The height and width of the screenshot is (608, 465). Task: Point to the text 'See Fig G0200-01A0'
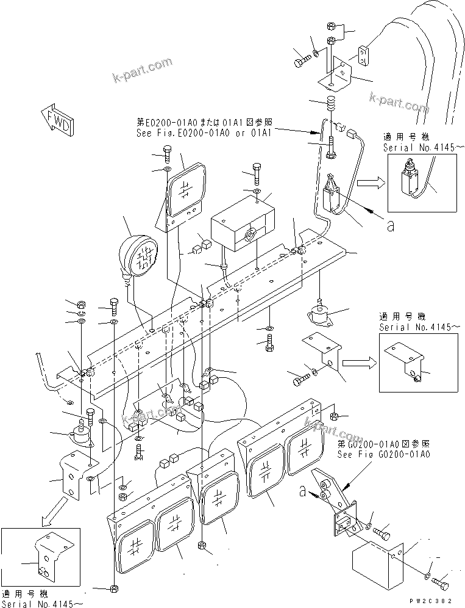[x=383, y=454]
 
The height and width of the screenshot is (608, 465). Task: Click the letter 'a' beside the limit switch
[x=390, y=226]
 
